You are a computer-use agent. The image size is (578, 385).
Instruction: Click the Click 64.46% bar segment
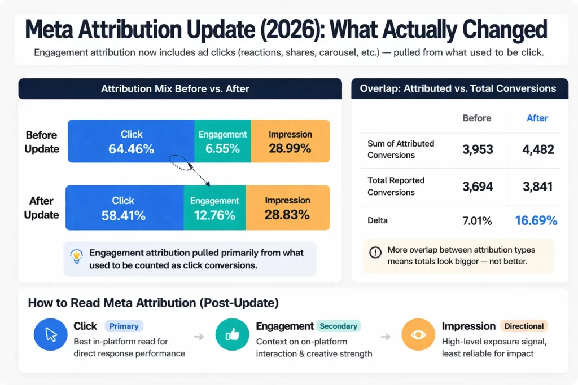131,141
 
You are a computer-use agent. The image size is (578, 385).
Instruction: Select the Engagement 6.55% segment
222,141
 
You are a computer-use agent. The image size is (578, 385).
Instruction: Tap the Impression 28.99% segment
290,141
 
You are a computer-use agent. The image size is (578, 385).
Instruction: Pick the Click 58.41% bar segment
124,207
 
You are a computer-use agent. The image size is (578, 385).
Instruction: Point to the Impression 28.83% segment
288,207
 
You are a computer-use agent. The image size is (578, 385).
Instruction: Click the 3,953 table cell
478,149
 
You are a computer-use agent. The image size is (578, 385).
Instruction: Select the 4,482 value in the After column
537,149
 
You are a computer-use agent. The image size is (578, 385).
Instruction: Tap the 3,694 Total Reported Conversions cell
478,187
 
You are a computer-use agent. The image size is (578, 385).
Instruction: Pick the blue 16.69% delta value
536,220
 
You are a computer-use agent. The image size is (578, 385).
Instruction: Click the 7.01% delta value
477,220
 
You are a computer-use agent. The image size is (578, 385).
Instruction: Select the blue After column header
537,118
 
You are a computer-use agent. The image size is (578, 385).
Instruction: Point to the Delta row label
378,220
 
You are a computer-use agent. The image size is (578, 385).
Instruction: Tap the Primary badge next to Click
124,326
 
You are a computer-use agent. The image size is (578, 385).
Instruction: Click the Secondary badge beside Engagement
338,326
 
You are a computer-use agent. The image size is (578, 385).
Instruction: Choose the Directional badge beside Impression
524,326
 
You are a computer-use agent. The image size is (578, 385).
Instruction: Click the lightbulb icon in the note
76,257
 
